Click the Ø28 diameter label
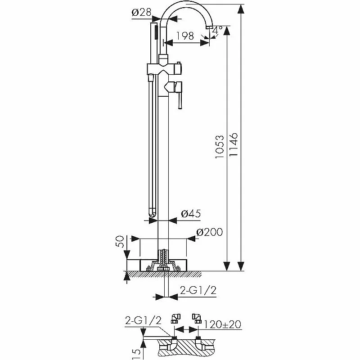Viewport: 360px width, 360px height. pyautogui.click(x=141, y=12)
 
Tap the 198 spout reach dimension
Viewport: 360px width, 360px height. pyautogui.click(x=185, y=36)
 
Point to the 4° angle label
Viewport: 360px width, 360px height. pyautogui.click(x=217, y=30)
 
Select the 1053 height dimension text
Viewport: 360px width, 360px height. pyautogui.click(x=220, y=147)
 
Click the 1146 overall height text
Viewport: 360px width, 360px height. pyautogui.click(x=234, y=144)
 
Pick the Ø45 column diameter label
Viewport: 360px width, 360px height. pyautogui.click(x=191, y=213)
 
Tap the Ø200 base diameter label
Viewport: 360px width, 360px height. pyautogui.click(x=209, y=232)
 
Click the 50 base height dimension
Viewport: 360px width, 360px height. pyautogui.click(x=120, y=242)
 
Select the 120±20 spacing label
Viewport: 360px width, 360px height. pyautogui.click(x=222, y=324)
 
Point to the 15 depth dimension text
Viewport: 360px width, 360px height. pyautogui.click(x=136, y=354)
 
